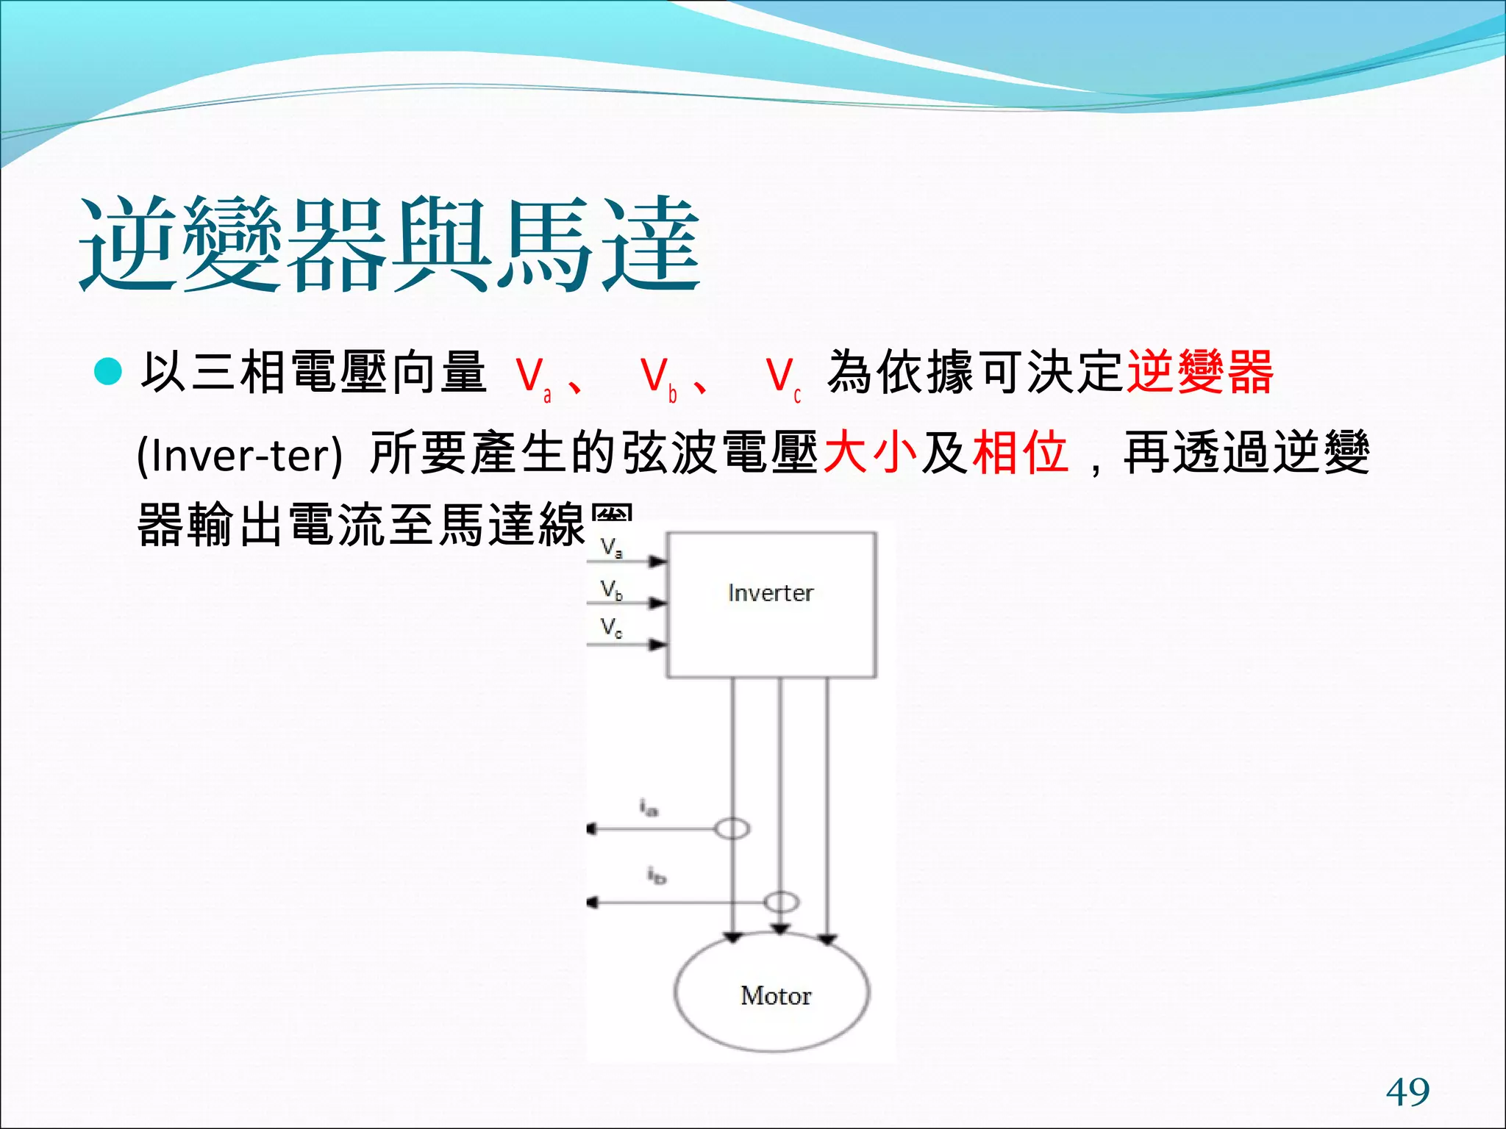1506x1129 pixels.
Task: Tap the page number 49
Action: coord(1407,1092)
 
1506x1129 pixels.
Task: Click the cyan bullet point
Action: coord(108,372)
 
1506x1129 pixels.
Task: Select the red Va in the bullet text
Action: coord(532,378)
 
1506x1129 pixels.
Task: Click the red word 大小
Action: coord(870,451)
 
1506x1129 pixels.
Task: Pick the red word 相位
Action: coord(1020,451)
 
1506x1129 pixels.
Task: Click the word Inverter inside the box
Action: coord(771,593)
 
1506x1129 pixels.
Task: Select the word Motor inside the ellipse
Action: coord(776,996)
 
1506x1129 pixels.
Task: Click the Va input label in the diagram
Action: coord(611,548)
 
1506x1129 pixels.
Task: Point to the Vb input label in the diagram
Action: coord(611,590)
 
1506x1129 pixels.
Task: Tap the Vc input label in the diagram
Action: coord(611,628)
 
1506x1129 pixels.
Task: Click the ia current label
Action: coord(648,808)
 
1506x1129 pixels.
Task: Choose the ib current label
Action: coord(656,875)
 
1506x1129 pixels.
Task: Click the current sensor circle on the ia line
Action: coord(732,829)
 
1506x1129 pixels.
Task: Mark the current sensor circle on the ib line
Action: coord(781,902)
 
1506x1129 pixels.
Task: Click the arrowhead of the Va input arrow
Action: coord(659,562)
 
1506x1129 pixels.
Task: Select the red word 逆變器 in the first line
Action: coord(1200,372)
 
